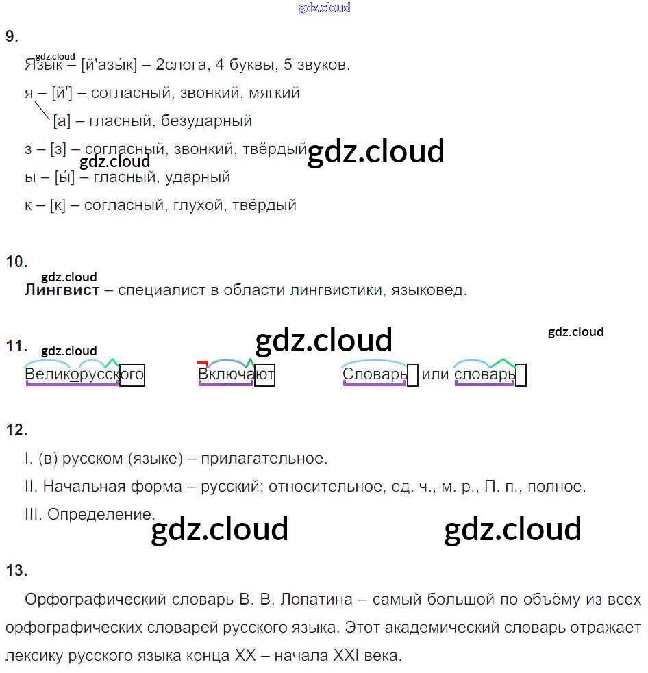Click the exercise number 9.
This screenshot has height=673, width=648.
[x=12, y=36]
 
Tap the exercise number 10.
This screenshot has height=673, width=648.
[x=16, y=262]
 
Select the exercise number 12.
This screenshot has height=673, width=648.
[x=16, y=430]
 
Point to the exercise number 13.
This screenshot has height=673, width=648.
[x=16, y=570]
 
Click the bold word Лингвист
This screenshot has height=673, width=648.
[x=62, y=290]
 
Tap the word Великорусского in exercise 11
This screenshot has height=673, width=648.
[x=84, y=374]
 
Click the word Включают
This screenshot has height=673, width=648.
[x=236, y=374]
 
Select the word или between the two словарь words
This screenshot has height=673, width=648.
[x=435, y=374]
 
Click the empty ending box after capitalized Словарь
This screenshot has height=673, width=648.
[x=412, y=375]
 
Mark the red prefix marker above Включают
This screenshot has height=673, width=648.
[x=203, y=364]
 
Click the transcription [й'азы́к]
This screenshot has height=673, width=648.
[x=109, y=65]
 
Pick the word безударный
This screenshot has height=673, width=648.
[x=206, y=121]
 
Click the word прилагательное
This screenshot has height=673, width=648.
[x=264, y=459]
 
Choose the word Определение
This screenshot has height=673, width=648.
[x=101, y=514]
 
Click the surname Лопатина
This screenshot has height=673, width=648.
[x=316, y=599]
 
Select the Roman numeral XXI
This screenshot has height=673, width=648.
[x=346, y=655]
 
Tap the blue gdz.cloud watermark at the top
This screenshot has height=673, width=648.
[x=324, y=8]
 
